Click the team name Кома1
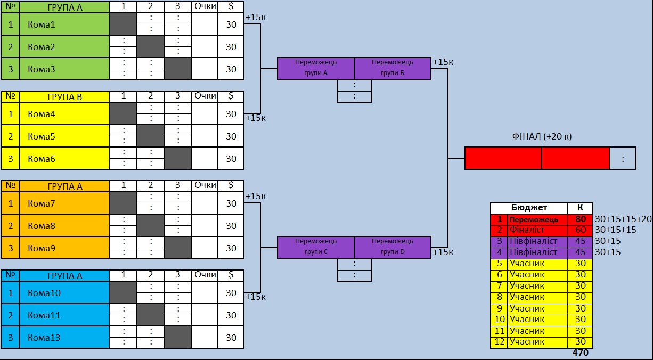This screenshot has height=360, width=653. click(x=42, y=24)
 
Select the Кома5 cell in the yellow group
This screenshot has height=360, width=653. click(x=42, y=136)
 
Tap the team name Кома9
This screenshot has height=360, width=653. click(x=42, y=248)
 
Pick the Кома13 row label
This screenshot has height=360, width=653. click(x=44, y=338)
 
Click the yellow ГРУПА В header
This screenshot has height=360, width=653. click(x=64, y=96)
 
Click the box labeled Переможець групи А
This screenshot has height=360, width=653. click(x=316, y=68)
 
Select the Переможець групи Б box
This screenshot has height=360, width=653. click(x=393, y=68)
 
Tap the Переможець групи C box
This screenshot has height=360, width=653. click(x=316, y=247)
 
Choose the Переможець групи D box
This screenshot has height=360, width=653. click(x=393, y=247)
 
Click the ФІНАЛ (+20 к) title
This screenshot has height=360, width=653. click(x=541, y=136)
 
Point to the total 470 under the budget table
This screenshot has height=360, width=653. click(x=581, y=353)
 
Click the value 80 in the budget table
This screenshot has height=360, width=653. click(x=581, y=219)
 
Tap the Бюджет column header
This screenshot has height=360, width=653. click(x=529, y=208)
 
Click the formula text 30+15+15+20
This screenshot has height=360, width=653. click(x=623, y=219)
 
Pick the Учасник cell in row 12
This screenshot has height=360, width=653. click(x=527, y=342)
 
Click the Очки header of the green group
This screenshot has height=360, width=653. click(x=205, y=7)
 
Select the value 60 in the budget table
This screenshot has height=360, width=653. click(x=581, y=230)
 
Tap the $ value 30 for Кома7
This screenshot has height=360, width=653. click(x=231, y=203)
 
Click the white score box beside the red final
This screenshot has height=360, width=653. click(x=623, y=158)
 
